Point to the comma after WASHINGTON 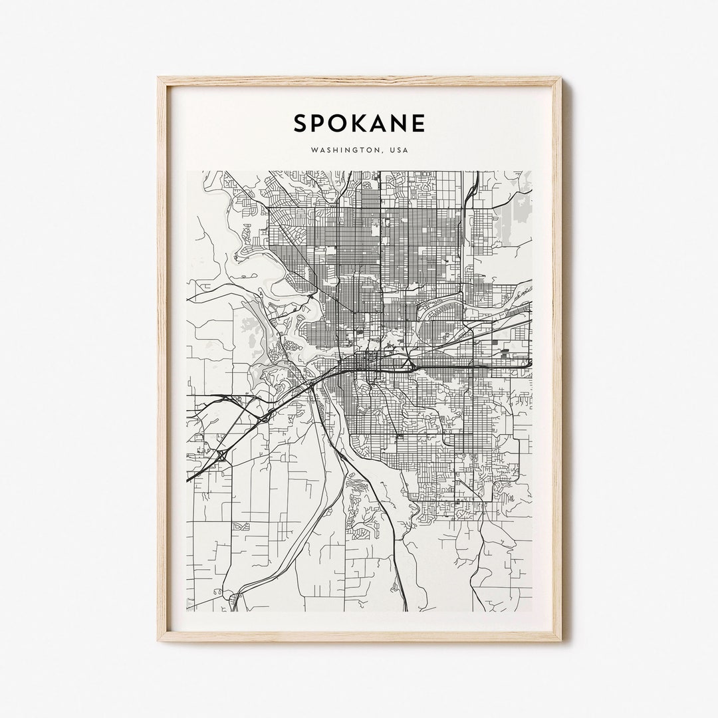tap(384, 152)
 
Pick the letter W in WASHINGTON tap(313, 150)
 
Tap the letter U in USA tap(393, 150)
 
